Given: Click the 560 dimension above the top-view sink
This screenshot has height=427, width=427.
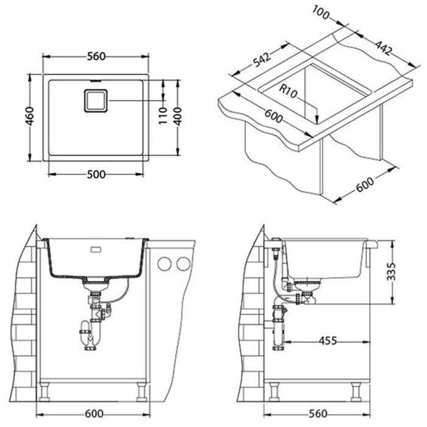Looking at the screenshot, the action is coord(96,56).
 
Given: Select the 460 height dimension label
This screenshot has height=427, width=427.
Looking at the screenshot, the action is coord(30,117).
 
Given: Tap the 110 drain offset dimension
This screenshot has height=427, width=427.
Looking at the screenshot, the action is coord(163,116).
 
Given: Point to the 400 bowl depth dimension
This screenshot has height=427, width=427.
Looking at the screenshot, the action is coord(178,117).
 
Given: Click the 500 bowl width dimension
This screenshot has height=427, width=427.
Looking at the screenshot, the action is coord(96,174).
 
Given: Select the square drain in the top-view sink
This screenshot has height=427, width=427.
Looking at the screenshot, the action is coord(96,101).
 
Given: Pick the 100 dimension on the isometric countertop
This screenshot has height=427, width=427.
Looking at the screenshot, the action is coord(321,13).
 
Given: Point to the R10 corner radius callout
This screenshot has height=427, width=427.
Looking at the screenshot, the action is coord(289,91).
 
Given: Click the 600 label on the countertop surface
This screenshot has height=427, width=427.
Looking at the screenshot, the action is coord(274,116).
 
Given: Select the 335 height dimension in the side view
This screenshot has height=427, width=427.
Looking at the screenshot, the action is coord(392,271).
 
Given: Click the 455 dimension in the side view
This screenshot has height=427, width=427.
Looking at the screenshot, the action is coord(328,341).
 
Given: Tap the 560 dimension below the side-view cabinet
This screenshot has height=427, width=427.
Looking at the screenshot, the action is coord(318,414).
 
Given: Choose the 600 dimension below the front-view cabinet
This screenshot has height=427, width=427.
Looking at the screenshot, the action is coord(94,414).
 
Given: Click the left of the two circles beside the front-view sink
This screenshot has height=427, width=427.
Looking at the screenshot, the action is coord(165,264).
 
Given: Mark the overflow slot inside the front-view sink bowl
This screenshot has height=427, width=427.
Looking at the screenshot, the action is coord(96,249).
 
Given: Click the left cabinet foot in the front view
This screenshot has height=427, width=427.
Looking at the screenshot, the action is coord(45,392).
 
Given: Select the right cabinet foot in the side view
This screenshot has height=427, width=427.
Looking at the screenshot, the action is coord(356,392).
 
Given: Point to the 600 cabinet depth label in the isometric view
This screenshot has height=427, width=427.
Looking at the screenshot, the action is coord(365,185).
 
